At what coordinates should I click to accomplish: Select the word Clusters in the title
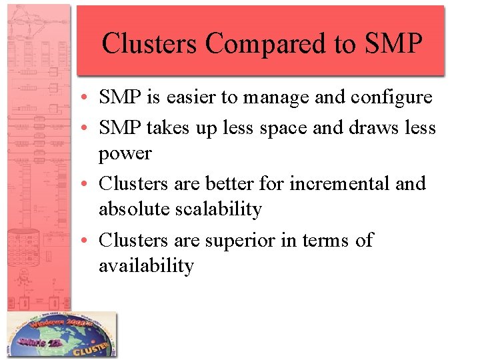(x=151, y=43)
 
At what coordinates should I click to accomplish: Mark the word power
(x=125, y=155)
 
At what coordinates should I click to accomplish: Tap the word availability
(x=146, y=267)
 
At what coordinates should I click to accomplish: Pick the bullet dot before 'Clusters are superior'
(x=89, y=241)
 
